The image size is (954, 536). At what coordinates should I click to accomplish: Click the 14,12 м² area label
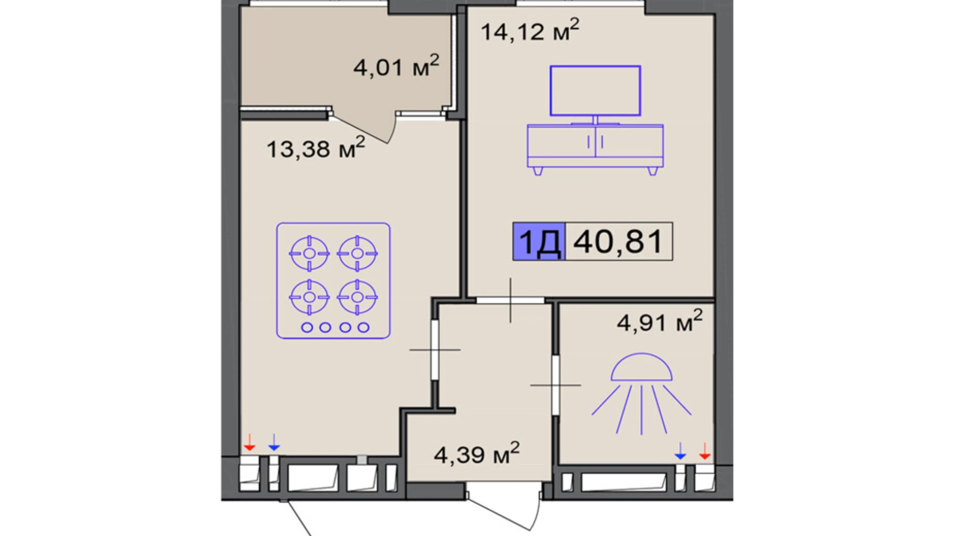tap(530, 30)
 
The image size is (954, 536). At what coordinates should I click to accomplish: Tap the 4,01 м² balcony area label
tap(396, 66)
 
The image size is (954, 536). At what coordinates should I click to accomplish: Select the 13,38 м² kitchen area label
tap(315, 148)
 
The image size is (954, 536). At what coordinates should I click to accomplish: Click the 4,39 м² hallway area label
tap(476, 454)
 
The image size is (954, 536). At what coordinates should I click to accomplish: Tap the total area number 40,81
tap(618, 241)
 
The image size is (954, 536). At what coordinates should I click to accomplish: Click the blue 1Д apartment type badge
tap(539, 241)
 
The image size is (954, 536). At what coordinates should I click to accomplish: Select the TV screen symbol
tap(595, 91)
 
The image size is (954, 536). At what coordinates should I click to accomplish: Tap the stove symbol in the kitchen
tap(333, 281)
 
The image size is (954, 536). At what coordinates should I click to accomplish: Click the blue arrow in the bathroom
tap(680, 451)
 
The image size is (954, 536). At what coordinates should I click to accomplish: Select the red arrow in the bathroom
tap(704, 451)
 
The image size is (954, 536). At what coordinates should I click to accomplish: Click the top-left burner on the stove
tap(309, 253)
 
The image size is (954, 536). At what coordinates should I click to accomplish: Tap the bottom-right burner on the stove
tap(357, 297)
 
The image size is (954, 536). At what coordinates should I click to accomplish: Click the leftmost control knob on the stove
tap(307, 327)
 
